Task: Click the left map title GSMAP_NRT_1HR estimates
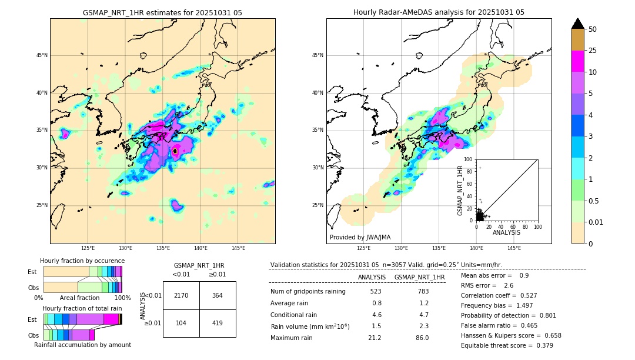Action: [162, 12]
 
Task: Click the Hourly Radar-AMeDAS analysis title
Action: [439, 12]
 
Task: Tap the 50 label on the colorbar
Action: [593, 29]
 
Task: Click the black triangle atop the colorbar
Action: [578, 24]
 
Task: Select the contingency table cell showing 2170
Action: [181, 295]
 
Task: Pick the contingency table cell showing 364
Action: [218, 295]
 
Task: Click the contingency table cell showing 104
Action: [181, 323]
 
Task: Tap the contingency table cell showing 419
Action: [218, 323]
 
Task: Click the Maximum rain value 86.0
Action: [422, 338]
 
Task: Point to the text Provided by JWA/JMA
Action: [360, 237]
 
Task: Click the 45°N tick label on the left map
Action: [41, 55]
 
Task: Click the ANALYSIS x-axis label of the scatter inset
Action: [506, 232]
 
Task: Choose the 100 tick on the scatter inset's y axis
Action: [469, 159]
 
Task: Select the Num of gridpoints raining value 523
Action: [376, 292]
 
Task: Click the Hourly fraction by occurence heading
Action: [82, 261]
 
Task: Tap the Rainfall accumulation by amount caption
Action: [82, 345]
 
